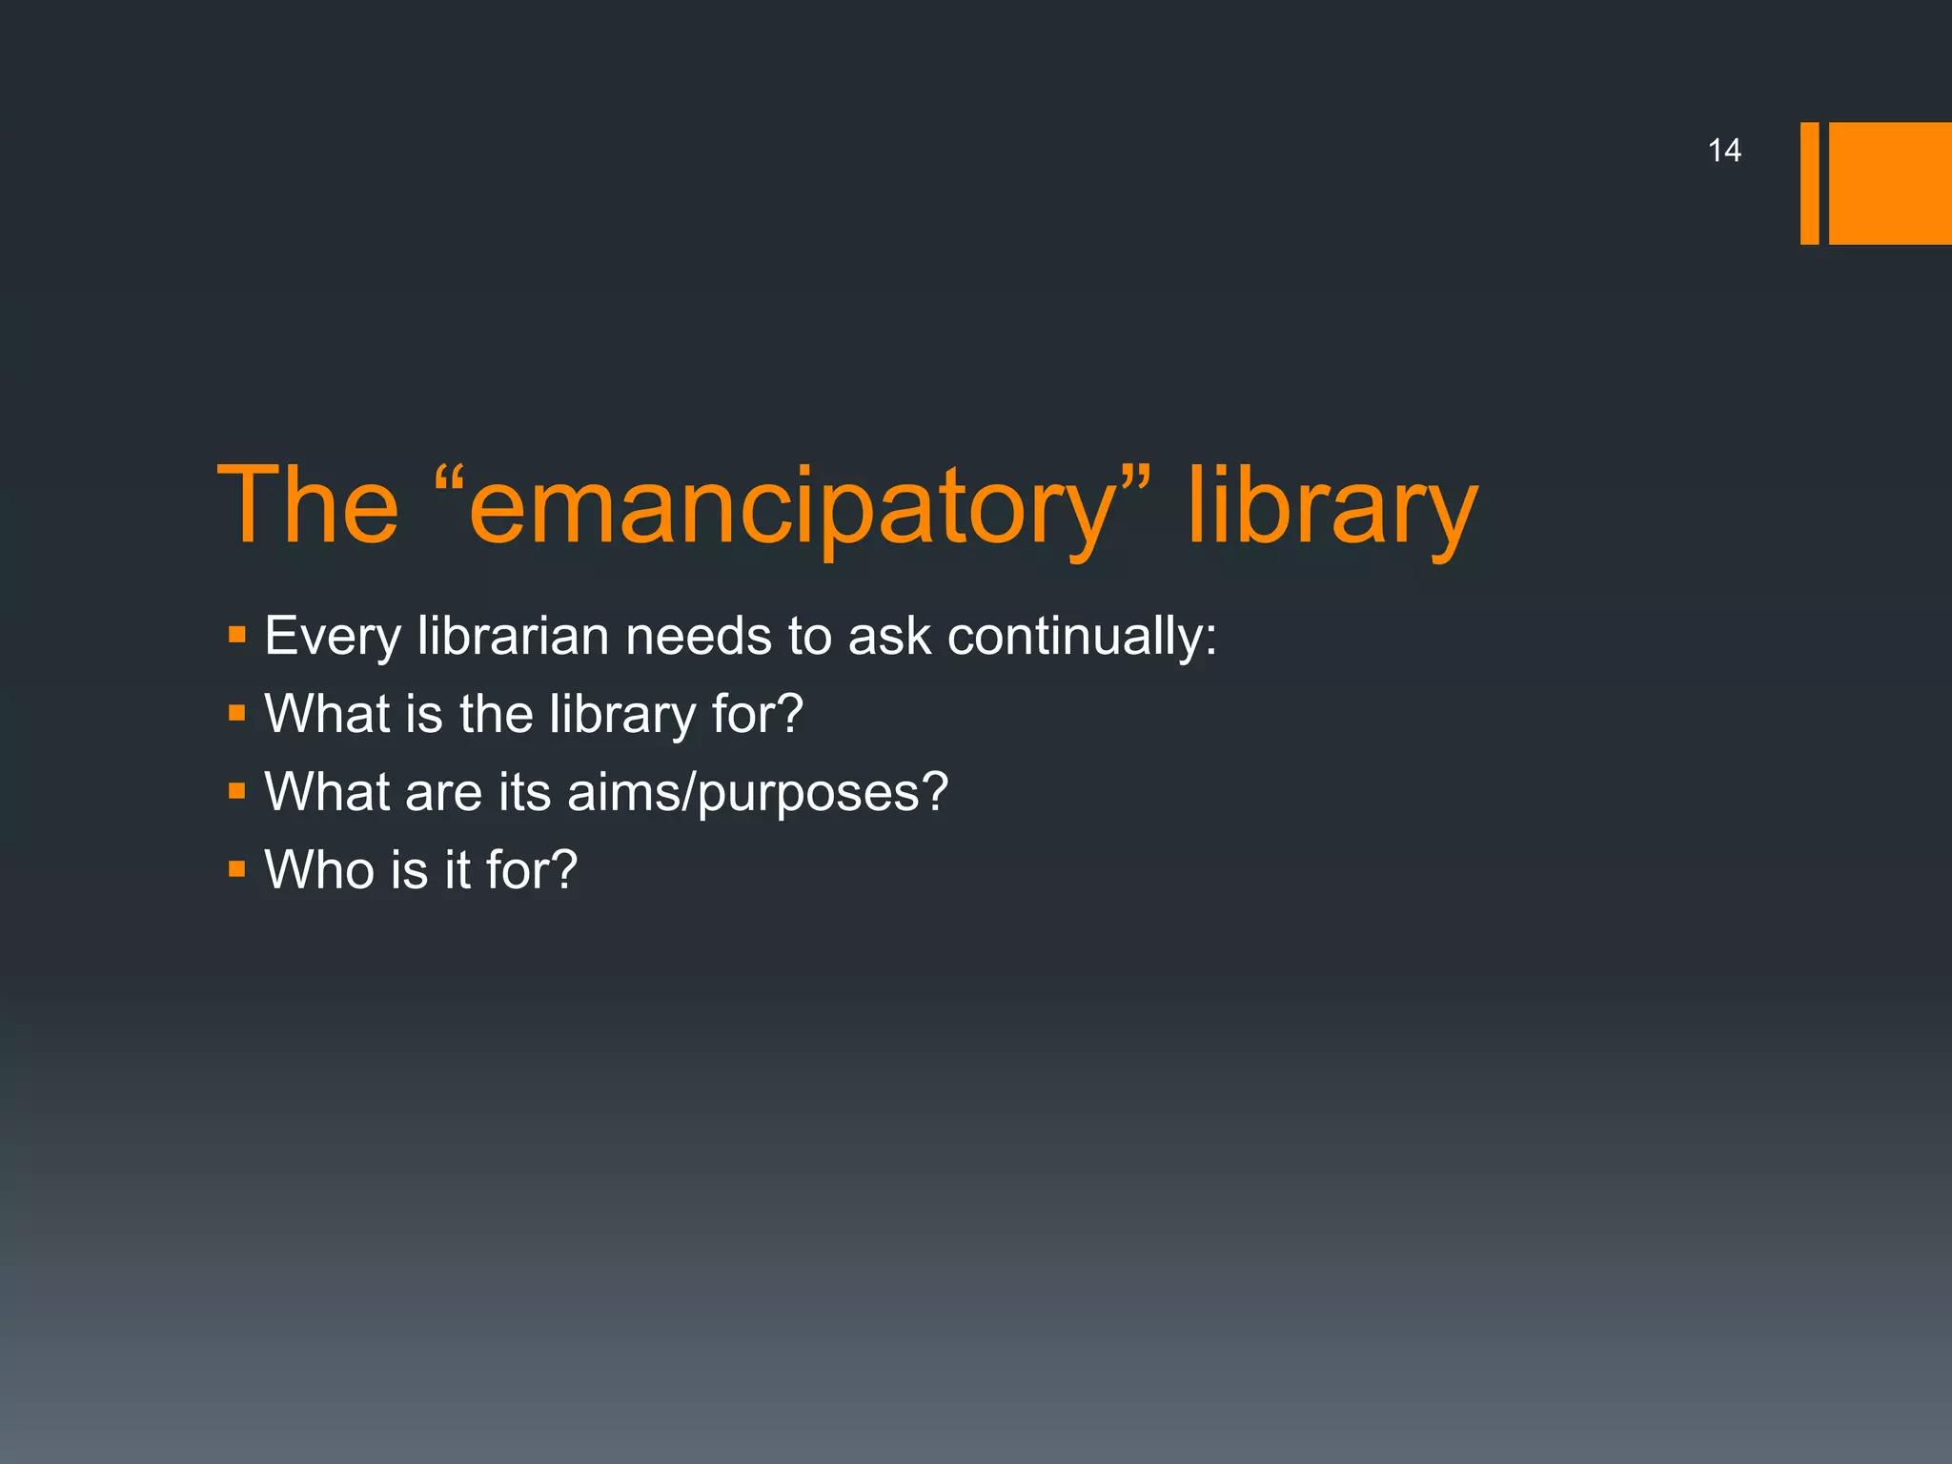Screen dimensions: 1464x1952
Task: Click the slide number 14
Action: pos(1724,151)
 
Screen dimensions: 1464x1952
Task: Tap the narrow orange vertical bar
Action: pos(1809,183)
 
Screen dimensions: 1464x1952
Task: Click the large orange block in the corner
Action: pos(1890,183)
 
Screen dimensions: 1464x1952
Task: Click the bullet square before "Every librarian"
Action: pos(237,635)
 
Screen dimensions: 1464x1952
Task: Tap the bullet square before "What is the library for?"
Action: pos(237,713)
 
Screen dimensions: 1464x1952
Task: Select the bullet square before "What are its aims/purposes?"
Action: pos(237,791)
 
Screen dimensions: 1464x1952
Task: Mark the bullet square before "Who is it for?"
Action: pos(237,869)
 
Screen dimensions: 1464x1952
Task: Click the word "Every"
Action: pos(333,637)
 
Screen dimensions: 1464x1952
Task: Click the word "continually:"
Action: pos(1082,637)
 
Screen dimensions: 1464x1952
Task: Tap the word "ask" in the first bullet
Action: pos(888,637)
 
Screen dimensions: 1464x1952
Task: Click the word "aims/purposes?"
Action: pos(758,793)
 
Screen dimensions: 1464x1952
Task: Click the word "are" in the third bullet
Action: pos(443,793)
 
